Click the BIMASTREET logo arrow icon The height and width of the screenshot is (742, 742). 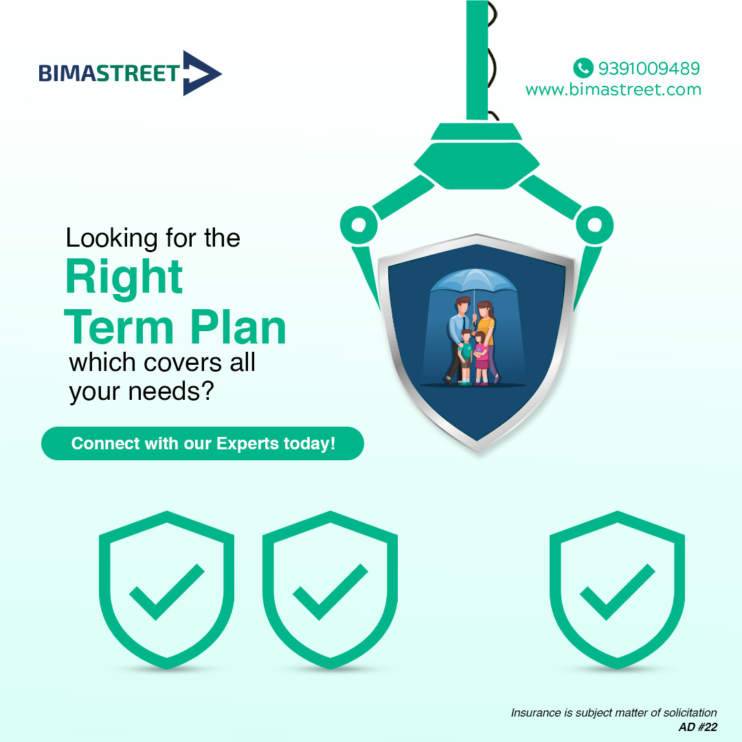200,73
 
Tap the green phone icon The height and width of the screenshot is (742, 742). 583,67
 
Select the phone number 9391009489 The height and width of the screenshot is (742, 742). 649,68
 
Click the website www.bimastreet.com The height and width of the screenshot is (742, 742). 613,89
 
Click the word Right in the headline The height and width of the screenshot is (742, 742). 124,278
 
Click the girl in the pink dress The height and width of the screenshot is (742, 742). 481,357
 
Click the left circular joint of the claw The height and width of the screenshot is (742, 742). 358,224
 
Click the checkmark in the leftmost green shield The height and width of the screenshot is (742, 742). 166,592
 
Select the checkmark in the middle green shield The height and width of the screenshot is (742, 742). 330,592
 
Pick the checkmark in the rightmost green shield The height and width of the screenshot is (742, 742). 617,592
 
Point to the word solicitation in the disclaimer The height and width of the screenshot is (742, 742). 687,712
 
